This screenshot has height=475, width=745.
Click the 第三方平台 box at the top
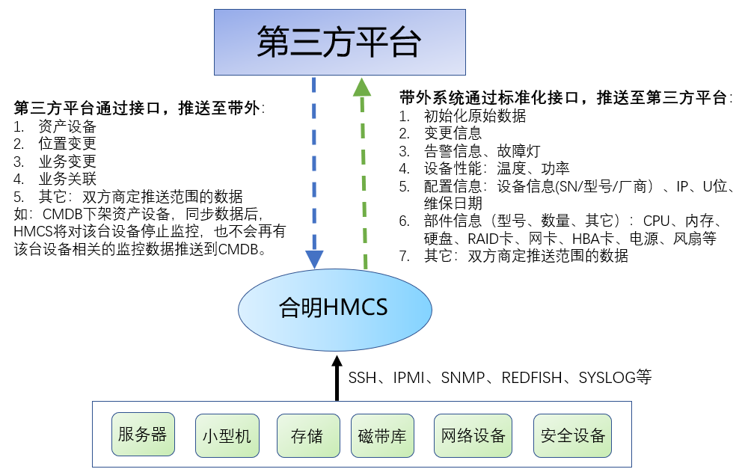tap(339, 42)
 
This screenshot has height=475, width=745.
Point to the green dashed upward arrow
tap(363, 172)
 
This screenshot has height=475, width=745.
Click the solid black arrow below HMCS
tap(337, 378)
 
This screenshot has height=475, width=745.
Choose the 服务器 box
tap(143, 435)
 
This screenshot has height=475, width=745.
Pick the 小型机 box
tap(227, 435)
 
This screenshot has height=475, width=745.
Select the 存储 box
tap(306, 435)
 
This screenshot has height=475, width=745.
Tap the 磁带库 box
tap(382, 435)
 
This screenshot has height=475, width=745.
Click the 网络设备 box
tap(473, 435)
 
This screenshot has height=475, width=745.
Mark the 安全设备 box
tap(572, 435)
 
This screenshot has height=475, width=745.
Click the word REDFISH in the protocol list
tap(531, 378)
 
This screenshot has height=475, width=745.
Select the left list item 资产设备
tap(67, 126)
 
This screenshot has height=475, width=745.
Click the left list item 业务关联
tap(67, 179)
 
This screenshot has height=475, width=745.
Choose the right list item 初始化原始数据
tap(475, 116)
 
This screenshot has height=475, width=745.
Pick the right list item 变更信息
tap(453, 133)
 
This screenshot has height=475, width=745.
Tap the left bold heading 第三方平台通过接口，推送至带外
tap(138, 108)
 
